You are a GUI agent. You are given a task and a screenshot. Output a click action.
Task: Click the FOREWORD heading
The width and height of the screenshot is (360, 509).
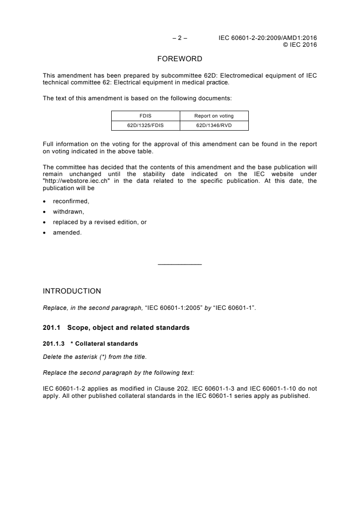(x=179, y=59)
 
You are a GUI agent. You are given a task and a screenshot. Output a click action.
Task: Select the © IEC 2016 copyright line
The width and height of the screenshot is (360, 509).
(x=300, y=44)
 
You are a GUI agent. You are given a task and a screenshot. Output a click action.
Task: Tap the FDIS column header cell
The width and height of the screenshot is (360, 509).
(x=146, y=116)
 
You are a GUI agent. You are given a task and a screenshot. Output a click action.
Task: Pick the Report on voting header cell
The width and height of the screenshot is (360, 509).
(x=214, y=116)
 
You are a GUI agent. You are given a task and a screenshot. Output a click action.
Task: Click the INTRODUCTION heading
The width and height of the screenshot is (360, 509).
(x=72, y=291)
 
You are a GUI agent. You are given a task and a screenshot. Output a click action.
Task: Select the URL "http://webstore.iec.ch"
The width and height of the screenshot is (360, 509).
(x=77, y=180)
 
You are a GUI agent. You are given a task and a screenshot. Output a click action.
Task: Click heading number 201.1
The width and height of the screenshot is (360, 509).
(x=50, y=328)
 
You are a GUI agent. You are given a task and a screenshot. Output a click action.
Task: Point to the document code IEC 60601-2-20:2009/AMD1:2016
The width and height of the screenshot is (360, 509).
(x=267, y=38)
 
